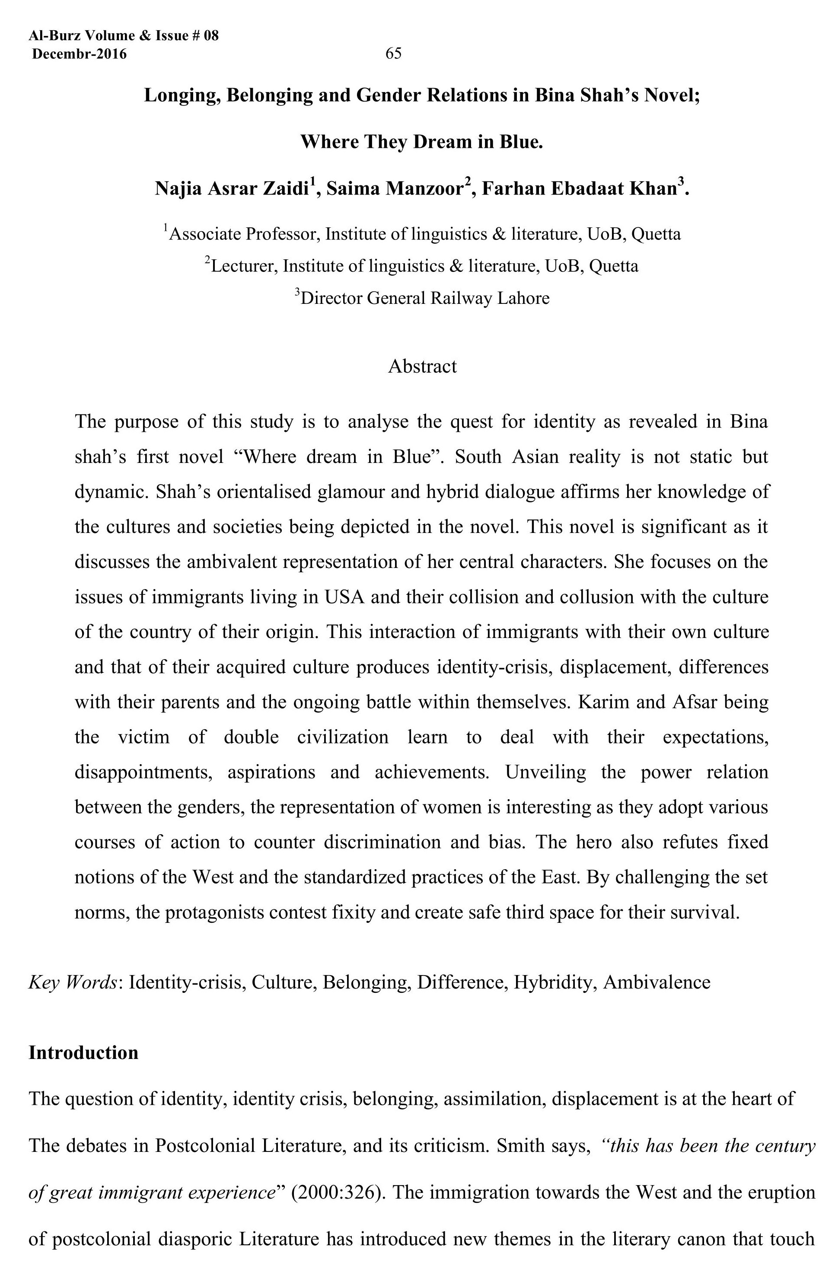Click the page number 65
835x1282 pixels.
point(393,53)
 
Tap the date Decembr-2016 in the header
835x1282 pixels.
point(80,54)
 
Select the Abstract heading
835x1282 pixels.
point(422,366)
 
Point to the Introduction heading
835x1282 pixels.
point(83,1052)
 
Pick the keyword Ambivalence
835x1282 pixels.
point(656,982)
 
